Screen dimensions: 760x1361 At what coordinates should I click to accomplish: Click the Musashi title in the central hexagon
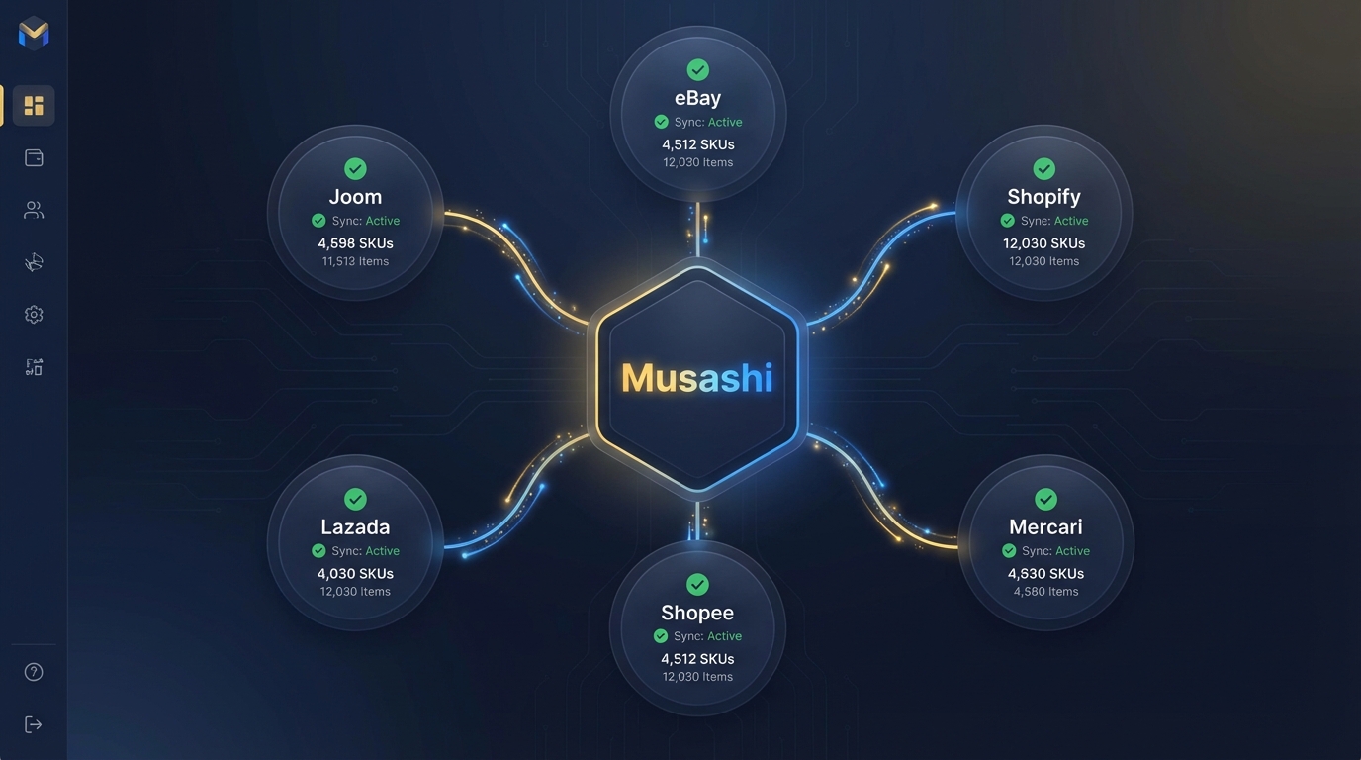[x=696, y=378]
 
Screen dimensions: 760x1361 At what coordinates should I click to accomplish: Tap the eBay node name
[x=697, y=98]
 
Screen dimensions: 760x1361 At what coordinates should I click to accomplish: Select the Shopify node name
[x=1043, y=197]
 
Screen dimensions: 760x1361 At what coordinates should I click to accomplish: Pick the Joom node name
[x=355, y=197]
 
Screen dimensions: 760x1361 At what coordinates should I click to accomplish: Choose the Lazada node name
[x=355, y=527]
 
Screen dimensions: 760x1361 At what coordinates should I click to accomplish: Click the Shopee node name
[x=697, y=613]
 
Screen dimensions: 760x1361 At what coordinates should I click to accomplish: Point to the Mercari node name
[x=1045, y=527]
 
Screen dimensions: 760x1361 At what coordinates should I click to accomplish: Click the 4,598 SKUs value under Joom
[x=355, y=243]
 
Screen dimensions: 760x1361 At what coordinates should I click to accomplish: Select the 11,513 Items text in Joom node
[x=355, y=262]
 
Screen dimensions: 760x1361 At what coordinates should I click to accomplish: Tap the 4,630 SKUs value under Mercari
[x=1045, y=574]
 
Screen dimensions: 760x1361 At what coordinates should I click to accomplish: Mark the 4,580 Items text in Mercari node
[x=1045, y=592]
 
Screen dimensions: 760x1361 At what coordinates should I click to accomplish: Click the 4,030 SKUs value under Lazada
[x=355, y=574]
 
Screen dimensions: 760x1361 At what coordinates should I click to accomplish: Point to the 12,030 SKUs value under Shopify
[x=1043, y=243]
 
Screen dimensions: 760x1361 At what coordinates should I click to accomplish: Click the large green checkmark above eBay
[x=697, y=69]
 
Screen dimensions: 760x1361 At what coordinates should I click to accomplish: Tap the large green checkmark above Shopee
[x=697, y=584]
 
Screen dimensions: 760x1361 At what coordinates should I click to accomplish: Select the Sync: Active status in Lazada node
[x=356, y=551]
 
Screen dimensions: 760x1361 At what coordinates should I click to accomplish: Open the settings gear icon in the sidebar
[x=34, y=315]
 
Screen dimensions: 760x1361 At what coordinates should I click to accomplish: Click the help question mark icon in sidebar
[x=34, y=672]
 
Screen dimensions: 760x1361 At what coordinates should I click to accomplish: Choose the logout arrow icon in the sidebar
[x=34, y=724]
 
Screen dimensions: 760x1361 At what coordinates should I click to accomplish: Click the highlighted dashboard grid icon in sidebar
[x=34, y=105]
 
